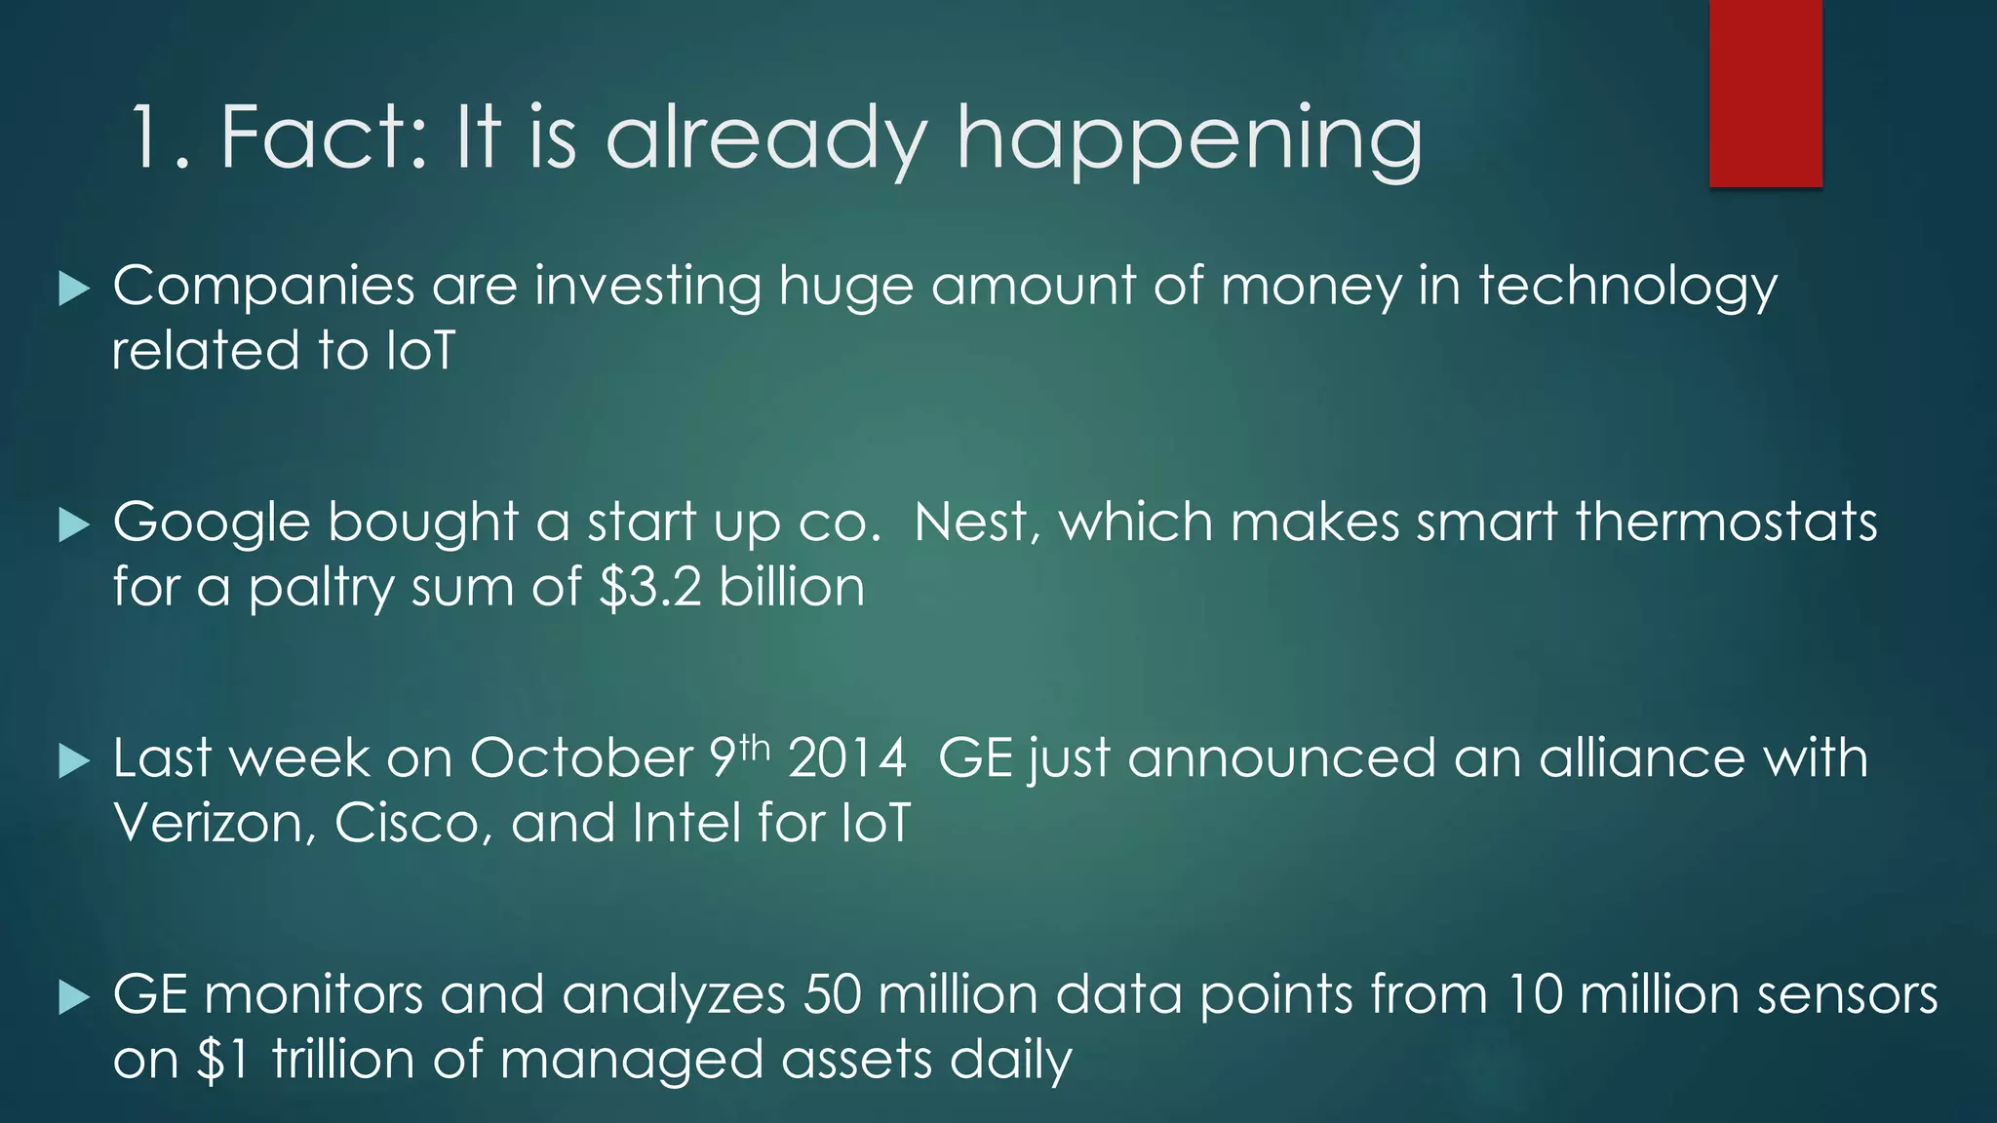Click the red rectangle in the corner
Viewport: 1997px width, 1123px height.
[1765, 93]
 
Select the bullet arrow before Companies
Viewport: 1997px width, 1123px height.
[74, 289]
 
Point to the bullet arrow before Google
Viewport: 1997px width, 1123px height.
[74, 525]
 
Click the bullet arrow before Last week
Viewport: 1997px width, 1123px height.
[74, 761]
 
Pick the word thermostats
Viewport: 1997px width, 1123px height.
[1726, 523]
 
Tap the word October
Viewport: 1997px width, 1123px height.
[581, 758]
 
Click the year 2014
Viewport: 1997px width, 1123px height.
[847, 758]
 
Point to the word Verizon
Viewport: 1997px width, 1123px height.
[215, 824]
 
